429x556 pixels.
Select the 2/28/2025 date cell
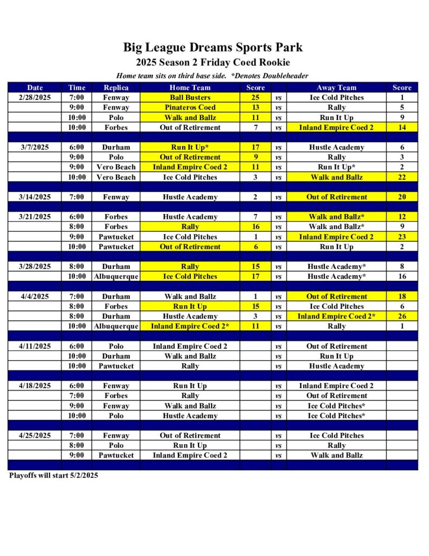coord(35,98)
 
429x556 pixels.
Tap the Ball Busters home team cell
coord(190,98)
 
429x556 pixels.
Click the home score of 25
coord(255,98)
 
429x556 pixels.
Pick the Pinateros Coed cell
coord(190,108)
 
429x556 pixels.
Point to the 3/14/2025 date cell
coord(35,197)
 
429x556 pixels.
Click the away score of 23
coord(402,237)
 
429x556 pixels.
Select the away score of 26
coord(402,316)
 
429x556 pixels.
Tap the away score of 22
coord(402,177)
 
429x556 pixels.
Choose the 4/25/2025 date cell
coord(35,435)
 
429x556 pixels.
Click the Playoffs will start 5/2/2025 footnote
coord(54,476)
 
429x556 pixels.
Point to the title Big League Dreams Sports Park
coord(213,47)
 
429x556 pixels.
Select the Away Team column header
coord(336,87)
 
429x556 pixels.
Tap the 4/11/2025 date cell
coord(35,346)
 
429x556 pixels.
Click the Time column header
coord(77,87)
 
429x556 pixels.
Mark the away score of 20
coord(402,197)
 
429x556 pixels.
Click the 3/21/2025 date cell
coord(35,217)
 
